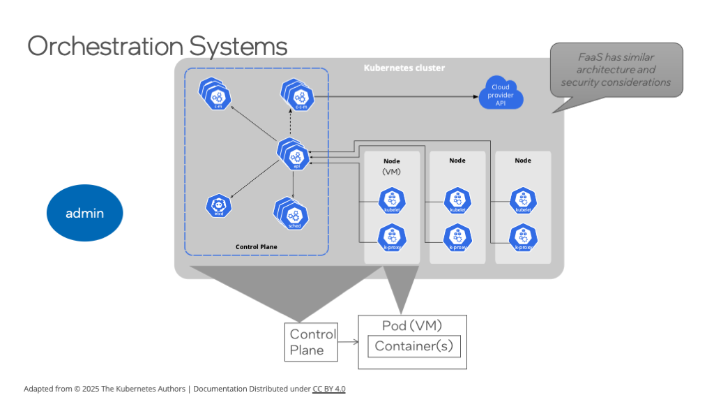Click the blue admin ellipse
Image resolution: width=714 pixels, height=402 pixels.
[84, 213]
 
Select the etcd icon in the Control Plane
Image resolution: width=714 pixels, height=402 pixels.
[218, 205]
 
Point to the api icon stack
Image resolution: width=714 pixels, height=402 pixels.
[294, 154]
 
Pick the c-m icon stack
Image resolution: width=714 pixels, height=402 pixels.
[215, 96]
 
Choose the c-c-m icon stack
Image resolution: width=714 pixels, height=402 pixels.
[298, 96]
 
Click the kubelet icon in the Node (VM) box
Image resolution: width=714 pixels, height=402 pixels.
[392, 200]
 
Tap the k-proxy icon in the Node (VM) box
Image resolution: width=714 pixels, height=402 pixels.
[392, 237]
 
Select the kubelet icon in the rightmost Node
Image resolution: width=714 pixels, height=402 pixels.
[523, 200]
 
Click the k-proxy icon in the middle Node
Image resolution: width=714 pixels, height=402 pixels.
[457, 237]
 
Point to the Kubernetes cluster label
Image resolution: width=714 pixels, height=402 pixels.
[404, 68]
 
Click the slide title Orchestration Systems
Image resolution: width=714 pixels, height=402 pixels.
[157, 46]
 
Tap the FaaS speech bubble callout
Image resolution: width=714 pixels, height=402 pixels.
[616, 70]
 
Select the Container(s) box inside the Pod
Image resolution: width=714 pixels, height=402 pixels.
[414, 346]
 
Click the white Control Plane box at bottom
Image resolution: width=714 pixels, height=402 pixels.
[311, 342]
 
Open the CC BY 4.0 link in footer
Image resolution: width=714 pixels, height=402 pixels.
[328, 389]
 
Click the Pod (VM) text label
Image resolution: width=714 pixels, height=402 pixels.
[412, 325]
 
